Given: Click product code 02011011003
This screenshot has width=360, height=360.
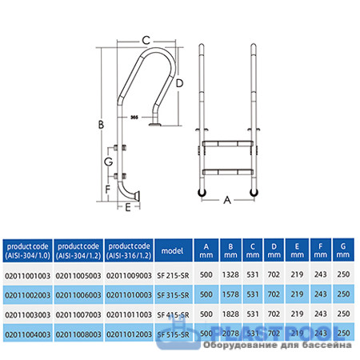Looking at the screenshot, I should (129, 314).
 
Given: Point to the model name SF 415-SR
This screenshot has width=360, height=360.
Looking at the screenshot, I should (174, 314).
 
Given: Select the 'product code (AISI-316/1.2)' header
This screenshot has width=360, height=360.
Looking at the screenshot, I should (129, 250).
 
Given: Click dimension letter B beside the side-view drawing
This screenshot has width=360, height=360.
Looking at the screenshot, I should (99, 123).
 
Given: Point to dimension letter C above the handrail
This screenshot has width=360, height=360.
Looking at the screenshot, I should (146, 39).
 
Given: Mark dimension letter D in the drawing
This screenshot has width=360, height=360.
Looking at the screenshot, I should (180, 83).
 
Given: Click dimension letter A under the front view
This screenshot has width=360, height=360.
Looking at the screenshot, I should (228, 201).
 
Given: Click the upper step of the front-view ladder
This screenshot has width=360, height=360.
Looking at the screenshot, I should (229, 143).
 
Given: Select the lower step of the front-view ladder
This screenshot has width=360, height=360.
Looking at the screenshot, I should (229, 171).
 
